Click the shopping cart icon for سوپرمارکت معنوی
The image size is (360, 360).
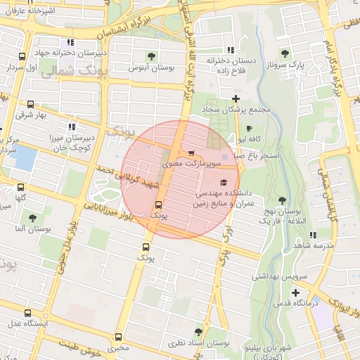[x=191, y=153]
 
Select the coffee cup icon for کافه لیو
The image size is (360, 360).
[x=250, y=128]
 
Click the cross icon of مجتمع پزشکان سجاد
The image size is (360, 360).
[x=236, y=98]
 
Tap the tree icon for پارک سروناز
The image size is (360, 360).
[x=285, y=53]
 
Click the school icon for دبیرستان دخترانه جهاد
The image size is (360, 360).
[x=70, y=42]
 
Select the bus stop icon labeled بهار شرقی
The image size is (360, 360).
[x=30, y=104]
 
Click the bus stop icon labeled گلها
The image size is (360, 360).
[x=20, y=188]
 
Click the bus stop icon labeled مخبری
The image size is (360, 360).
[x=118, y=337]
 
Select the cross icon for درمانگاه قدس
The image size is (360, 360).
[x=295, y=292]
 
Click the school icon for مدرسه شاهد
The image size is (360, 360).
[x=313, y=234]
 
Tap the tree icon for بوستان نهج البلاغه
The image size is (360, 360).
[x=282, y=200]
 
